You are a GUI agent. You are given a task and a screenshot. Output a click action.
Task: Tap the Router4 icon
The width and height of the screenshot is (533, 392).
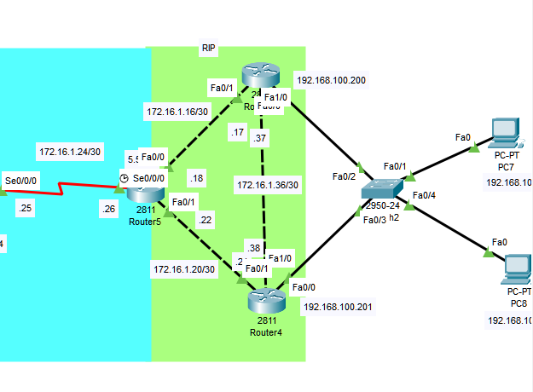tap(264, 301)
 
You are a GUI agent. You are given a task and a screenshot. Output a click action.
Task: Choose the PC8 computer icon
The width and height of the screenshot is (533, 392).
tap(515, 268)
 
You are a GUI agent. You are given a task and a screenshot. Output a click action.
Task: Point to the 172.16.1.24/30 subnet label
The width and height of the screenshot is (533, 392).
tap(70, 152)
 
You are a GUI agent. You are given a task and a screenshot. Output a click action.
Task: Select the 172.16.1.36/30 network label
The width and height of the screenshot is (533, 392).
tap(268, 185)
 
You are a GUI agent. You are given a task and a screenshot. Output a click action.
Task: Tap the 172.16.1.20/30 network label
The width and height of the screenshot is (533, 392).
tap(184, 269)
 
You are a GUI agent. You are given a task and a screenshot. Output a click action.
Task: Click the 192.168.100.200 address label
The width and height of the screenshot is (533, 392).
tap(331, 81)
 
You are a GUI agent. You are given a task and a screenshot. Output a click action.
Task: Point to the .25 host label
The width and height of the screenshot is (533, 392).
tap(24, 208)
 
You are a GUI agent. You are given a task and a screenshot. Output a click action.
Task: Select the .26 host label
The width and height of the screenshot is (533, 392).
tap(108, 209)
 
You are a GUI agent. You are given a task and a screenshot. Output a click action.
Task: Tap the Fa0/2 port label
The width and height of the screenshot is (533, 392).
tap(344, 177)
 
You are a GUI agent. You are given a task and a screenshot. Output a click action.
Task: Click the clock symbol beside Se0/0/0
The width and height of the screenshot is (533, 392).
tap(124, 178)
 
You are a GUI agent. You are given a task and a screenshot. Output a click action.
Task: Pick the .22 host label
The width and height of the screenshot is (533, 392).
tap(205, 220)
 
